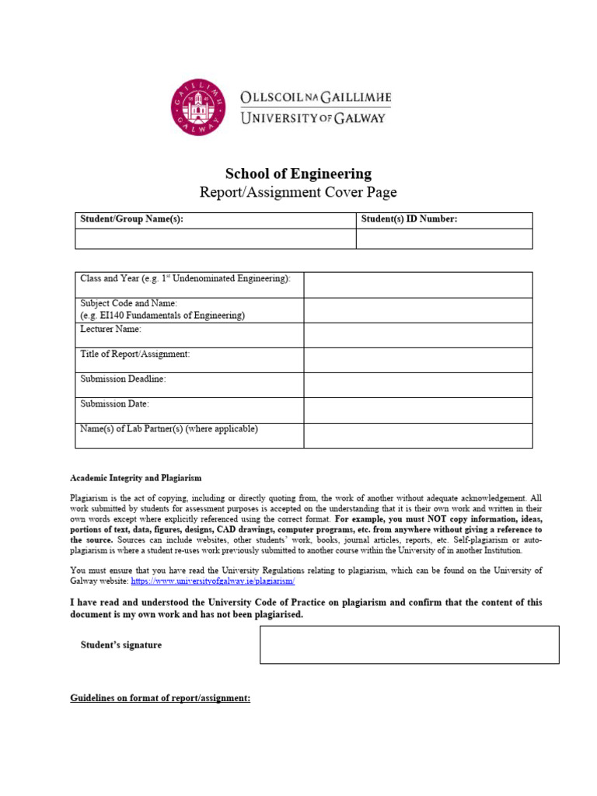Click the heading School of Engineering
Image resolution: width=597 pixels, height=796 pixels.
(x=298, y=174)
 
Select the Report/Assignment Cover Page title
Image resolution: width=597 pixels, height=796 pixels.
(x=298, y=193)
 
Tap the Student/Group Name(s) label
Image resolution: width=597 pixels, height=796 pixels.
(x=131, y=220)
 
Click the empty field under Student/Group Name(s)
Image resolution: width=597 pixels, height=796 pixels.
(x=215, y=239)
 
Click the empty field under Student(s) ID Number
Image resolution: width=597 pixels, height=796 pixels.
(x=444, y=239)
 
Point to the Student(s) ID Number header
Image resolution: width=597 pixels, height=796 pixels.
(x=410, y=220)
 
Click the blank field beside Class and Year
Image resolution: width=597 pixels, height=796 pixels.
(x=417, y=285)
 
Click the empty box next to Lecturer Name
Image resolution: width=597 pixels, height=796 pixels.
(x=417, y=335)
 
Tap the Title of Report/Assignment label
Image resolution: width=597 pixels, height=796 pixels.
(x=135, y=354)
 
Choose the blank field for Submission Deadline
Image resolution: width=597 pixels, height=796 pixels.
(x=417, y=385)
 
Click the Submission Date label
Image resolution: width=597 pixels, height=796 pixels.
(x=115, y=404)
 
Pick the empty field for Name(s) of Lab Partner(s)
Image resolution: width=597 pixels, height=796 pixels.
(x=417, y=435)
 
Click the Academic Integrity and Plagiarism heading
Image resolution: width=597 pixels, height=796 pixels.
(x=136, y=478)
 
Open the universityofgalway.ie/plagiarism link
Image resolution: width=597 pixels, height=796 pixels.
(x=213, y=581)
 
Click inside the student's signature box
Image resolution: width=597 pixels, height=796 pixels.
(x=409, y=644)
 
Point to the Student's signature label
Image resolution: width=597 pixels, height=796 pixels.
(x=121, y=645)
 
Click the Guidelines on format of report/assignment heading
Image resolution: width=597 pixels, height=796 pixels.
(x=160, y=699)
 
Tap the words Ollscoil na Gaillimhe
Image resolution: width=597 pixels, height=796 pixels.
(x=316, y=99)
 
